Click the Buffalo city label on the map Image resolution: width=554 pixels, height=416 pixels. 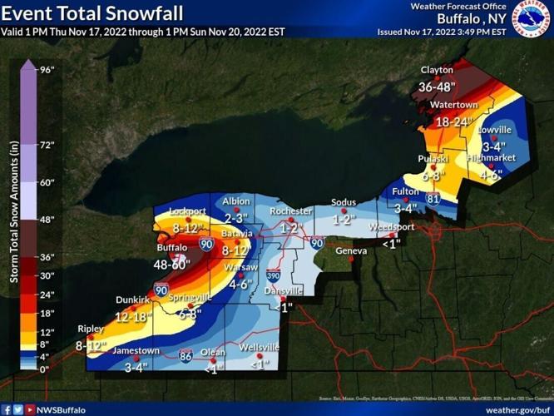[173, 248]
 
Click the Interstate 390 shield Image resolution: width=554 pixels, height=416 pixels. [273, 275]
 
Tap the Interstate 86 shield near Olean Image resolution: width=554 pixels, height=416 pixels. [187, 354]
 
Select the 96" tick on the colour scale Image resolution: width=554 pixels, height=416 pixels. [47, 70]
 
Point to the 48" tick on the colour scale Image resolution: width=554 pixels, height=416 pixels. [47, 220]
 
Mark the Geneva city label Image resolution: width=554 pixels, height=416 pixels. [350, 250]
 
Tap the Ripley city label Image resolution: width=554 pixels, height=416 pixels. [90, 328]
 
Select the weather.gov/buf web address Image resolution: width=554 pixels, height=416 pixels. [516, 409]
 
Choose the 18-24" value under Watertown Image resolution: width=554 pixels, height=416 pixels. [453, 121]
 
